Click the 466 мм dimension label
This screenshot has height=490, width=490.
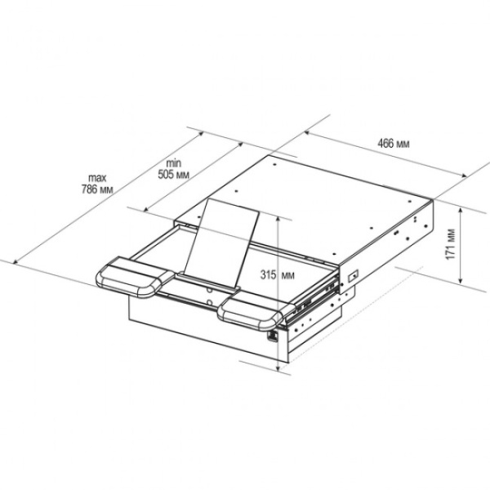coord(393,144)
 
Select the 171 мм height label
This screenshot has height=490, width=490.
coord(450,244)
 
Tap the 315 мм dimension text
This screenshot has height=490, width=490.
coord(277,275)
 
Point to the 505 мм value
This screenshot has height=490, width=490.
coord(173,174)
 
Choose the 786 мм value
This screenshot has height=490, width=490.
coord(97,189)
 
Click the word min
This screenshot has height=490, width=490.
coord(173,163)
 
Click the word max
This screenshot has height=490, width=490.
coord(97,178)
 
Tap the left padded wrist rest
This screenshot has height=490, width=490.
coord(135,277)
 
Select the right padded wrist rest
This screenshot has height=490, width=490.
coord(256,311)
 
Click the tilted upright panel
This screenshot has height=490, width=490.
coord(221,243)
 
